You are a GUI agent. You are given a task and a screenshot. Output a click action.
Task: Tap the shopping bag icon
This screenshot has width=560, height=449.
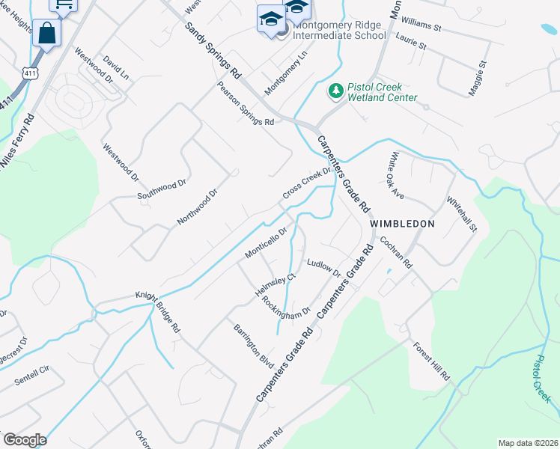tap(47, 33)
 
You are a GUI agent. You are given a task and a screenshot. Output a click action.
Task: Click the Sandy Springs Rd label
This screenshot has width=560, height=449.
tap(213, 50)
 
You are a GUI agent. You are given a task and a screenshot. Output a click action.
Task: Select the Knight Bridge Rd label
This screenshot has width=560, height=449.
tap(158, 311)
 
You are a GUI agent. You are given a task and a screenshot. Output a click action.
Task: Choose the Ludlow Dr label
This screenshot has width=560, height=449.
tap(324, 267)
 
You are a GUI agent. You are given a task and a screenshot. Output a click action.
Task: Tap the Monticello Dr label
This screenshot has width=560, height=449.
tap(267, 243)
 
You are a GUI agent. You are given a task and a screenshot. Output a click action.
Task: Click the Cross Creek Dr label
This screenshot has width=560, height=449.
tap(306, 183)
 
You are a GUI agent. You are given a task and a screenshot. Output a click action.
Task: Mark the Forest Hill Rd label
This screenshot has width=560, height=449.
tap(431, 361)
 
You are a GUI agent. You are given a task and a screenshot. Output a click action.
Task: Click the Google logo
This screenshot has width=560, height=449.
tap(24, 440)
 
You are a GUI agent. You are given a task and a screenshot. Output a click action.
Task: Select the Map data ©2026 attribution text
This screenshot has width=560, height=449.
tap(527, 443)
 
